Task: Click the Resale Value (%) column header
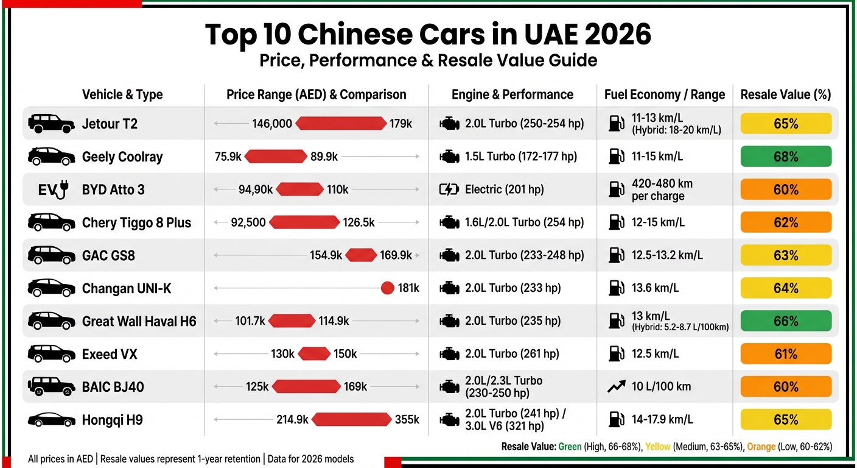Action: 785,94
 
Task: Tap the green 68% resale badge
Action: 785,157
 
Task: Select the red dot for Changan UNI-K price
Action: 387,288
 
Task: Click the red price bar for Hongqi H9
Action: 351,420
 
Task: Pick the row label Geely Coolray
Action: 122,157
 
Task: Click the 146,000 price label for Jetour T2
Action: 271,124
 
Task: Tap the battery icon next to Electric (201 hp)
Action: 449,190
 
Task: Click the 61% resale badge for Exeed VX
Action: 785,354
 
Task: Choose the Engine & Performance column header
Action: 512,94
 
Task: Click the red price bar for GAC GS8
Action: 361,255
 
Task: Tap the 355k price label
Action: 407,420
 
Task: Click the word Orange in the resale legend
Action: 761,447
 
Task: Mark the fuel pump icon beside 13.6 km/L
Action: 615,288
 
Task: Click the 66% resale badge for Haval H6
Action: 785,321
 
